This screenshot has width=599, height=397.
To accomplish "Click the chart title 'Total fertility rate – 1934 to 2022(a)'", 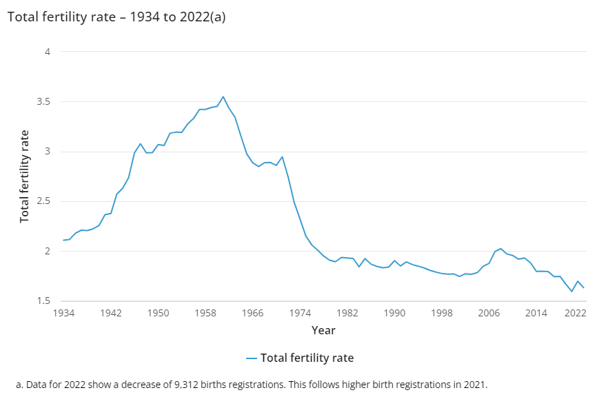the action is (x=116, y=17).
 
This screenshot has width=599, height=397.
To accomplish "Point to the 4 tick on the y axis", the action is (x=48, y=52).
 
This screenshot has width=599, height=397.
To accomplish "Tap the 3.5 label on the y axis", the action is (x=43, y=101).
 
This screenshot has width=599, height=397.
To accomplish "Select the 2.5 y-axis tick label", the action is (x=43, y=201).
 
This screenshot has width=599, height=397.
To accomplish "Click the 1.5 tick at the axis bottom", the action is (x=43, y=301).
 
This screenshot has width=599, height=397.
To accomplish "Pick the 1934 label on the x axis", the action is (x=63, y=314).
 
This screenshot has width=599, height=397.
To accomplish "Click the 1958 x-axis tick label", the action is (x=205, y=314).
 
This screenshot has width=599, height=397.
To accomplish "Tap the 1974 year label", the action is (x=300, y=314).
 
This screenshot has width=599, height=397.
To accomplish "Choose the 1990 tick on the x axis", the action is (x=394, y=314).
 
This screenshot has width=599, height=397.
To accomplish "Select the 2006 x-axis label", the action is (x=489, y=314).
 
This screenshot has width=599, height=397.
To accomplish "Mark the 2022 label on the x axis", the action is (x=576, y=314).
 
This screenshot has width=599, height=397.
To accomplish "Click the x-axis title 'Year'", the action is (x=323, y=331).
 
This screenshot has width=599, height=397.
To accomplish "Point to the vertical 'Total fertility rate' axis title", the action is (x=24, y=176).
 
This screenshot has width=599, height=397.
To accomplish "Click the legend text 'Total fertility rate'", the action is (x=307, y=358).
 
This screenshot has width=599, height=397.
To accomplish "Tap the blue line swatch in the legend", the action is (x=251, y=358).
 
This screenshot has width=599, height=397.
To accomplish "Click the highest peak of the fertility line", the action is (x=223, y=96).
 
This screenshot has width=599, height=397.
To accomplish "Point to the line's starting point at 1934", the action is (x=63, y=241).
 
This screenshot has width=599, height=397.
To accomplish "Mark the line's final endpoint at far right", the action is (x=584, y=287).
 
